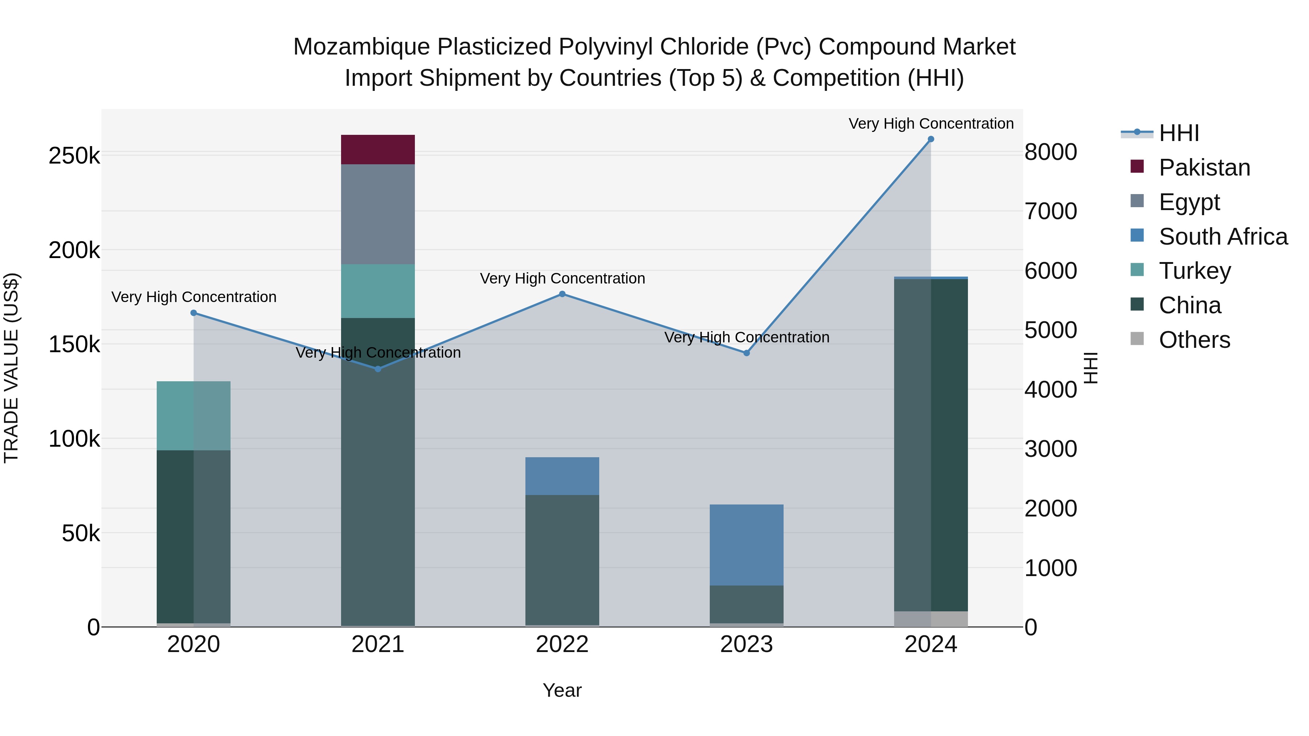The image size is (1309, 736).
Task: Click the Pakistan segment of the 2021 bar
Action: click(x=377, y=149)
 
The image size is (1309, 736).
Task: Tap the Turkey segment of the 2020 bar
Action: click(x=193, y=415)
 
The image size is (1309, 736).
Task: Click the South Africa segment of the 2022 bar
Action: click(x=562, y=476)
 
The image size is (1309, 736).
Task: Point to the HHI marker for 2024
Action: click(x=930, y=139)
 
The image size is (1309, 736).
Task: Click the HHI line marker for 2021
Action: click(x=377, y=369)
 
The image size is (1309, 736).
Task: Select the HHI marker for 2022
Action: click(x=562, y=294)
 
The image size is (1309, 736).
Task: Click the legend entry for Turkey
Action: click(x=1194, y=271)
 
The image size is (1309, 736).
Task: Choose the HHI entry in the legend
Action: click(x=1178, y=133)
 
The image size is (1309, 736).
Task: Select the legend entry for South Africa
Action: click(x=1222, y=237)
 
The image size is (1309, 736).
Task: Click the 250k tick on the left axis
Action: click(x=74, y=156)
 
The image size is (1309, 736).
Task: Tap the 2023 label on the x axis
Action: click(x=746, y=644)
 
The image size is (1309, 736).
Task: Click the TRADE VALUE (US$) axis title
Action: click(x=11, y=368)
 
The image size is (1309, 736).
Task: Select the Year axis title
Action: click(x=562, y=690)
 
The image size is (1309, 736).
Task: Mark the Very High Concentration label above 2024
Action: click(x=930, y=124)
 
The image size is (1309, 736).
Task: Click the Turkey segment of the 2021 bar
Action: click(x=377, y=291)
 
